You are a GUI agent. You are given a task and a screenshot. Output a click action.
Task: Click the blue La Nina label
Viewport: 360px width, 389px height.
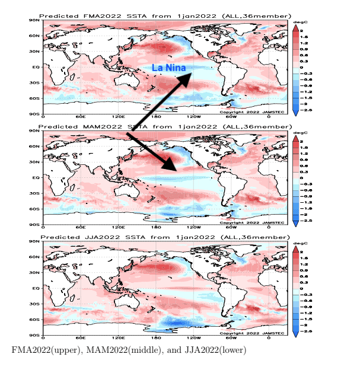tap(169, 68)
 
